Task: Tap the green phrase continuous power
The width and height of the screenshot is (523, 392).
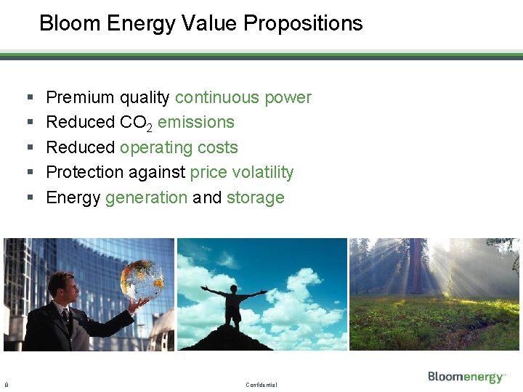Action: tap(243, 98)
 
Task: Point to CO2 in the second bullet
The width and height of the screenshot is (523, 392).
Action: tap(136, 123)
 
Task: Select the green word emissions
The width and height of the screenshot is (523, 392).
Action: tap(196, 123)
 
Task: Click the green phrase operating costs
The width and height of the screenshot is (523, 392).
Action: tap(179, 147)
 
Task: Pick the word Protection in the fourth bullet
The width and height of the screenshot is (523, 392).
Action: tap(85, 173)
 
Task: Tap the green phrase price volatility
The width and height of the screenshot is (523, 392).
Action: tap(242, 173)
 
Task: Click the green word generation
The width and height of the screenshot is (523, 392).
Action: tap(146, 197)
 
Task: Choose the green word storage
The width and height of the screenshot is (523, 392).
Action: tap(255, 197)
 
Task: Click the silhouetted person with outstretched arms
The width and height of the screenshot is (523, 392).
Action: tap(234, 301)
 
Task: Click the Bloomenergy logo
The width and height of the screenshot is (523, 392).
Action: tap(466, 376)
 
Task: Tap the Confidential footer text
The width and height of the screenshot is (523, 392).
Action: tap(261, 385)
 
